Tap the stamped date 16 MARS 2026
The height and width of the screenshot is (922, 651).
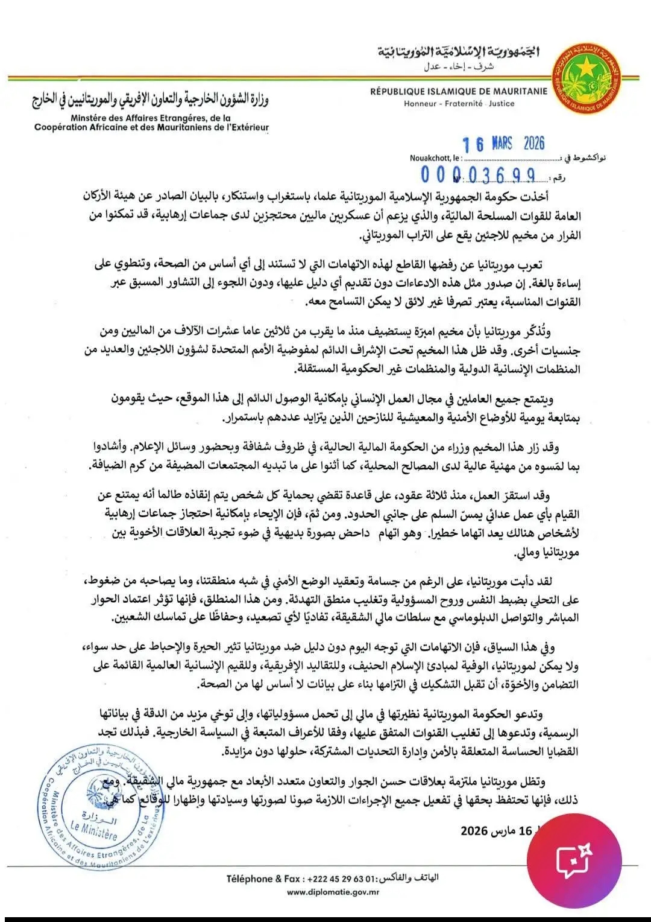pyautogui.click(x=503, y=144)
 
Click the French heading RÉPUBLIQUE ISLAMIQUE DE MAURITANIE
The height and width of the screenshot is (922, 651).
pyautogui.click(x=459, y=92)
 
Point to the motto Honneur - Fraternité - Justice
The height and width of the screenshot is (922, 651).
pyautogui.click(x=459, y=104)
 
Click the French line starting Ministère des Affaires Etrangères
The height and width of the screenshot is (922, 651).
pyautogui.click(x=151, y=118)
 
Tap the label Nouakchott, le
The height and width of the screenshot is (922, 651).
pyautogui.click(x=435, y=159)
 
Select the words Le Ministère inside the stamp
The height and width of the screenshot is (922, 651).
pyautogui.click(x=93, y=832)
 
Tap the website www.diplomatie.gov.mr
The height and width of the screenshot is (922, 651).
pyautogui.click(x=333, y=892)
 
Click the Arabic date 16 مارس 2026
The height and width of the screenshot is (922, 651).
pyautogui.click(x=497, y=831)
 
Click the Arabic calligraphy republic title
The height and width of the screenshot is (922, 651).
pyautogui.click(x=459, y=52)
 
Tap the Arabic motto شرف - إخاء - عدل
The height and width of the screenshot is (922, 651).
pyautogui.click(x=459, y=66)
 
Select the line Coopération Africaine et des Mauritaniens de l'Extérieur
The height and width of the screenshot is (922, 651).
pyautogui.click(x=151, y=128)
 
